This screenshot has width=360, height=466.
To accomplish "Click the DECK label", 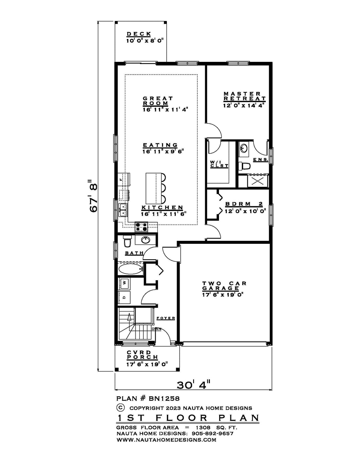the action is [x=139, y=34].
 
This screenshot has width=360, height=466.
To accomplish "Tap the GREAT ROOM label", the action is [x=158, y=101].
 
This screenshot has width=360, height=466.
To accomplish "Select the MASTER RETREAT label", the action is [x=244, y=96].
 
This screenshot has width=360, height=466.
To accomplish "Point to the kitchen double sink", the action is [x=123, y=210].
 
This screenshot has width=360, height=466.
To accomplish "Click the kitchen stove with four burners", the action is [x=141, y=227].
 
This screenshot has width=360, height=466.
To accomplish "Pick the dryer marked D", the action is [x=124, y=297].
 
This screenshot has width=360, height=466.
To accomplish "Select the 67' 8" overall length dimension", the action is [x=94, y=196].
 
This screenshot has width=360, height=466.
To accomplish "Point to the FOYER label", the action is [x=166, y=318].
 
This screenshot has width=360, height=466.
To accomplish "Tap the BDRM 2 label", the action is [x=244, y=204].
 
